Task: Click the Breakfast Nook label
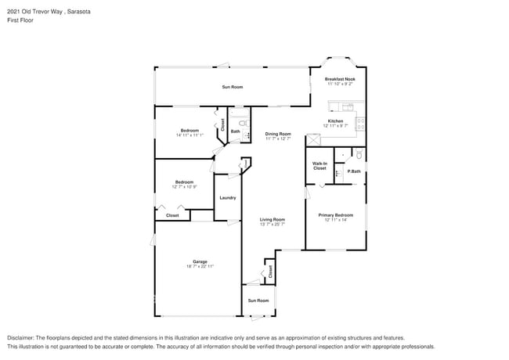(340, 80)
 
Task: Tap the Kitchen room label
(335, 121)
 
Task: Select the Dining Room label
(277, 134)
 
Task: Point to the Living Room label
(272, 220)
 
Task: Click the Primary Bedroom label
(335, 214)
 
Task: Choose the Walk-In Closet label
(319, 166)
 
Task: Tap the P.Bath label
(354, 171)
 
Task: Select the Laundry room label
(228, 198)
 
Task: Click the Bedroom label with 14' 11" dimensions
(190, 131)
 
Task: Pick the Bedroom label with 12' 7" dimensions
(184, 182)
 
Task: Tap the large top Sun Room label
(233, 87)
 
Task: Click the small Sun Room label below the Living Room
(258, 301)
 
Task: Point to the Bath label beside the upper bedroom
(235, 131)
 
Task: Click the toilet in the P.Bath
(357, 154)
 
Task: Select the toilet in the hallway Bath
(243, 124)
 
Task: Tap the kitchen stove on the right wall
(361, 121)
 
